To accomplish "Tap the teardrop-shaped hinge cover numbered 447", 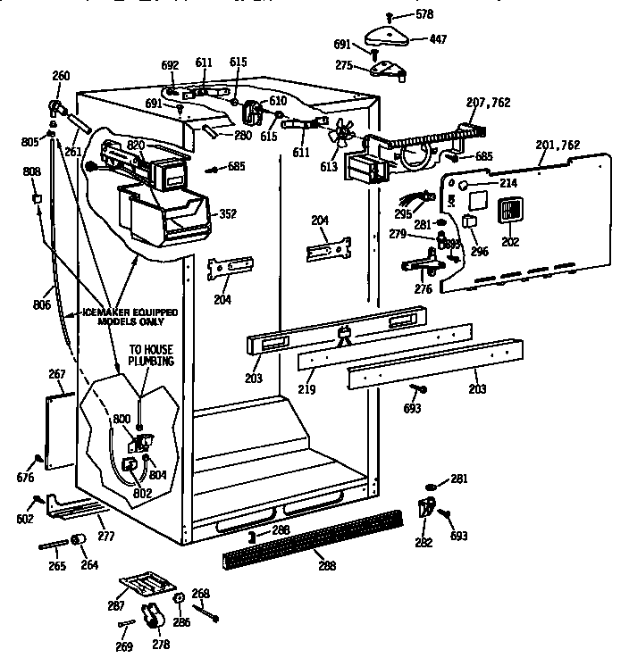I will (390, 35).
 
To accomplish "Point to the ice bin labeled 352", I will (170, 213).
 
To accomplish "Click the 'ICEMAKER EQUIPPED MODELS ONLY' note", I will (129, 318).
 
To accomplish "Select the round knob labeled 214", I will (464, 185).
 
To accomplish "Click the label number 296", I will (480, 251).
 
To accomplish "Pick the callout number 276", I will (424, 289).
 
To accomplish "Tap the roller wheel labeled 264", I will (78, 540).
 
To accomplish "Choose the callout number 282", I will (424, 543).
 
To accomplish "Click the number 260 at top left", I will (61, 76).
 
